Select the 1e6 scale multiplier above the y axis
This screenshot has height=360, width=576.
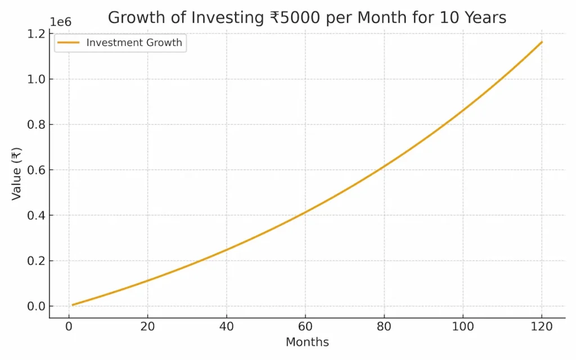pos(61,22)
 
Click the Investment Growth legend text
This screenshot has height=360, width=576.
pos(134,43)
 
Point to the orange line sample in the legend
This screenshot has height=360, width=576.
pos(69,43)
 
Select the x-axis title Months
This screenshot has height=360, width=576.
pos(307,342)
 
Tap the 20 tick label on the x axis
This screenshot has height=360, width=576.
pos(147,327)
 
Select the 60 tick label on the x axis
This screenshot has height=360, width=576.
pos(305,327)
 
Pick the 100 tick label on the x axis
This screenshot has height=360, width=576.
pos(463,327)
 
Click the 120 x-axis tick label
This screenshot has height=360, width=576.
pos(542,327)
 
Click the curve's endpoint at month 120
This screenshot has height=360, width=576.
pos(542,42)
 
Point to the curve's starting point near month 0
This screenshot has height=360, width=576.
pos(73,305)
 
